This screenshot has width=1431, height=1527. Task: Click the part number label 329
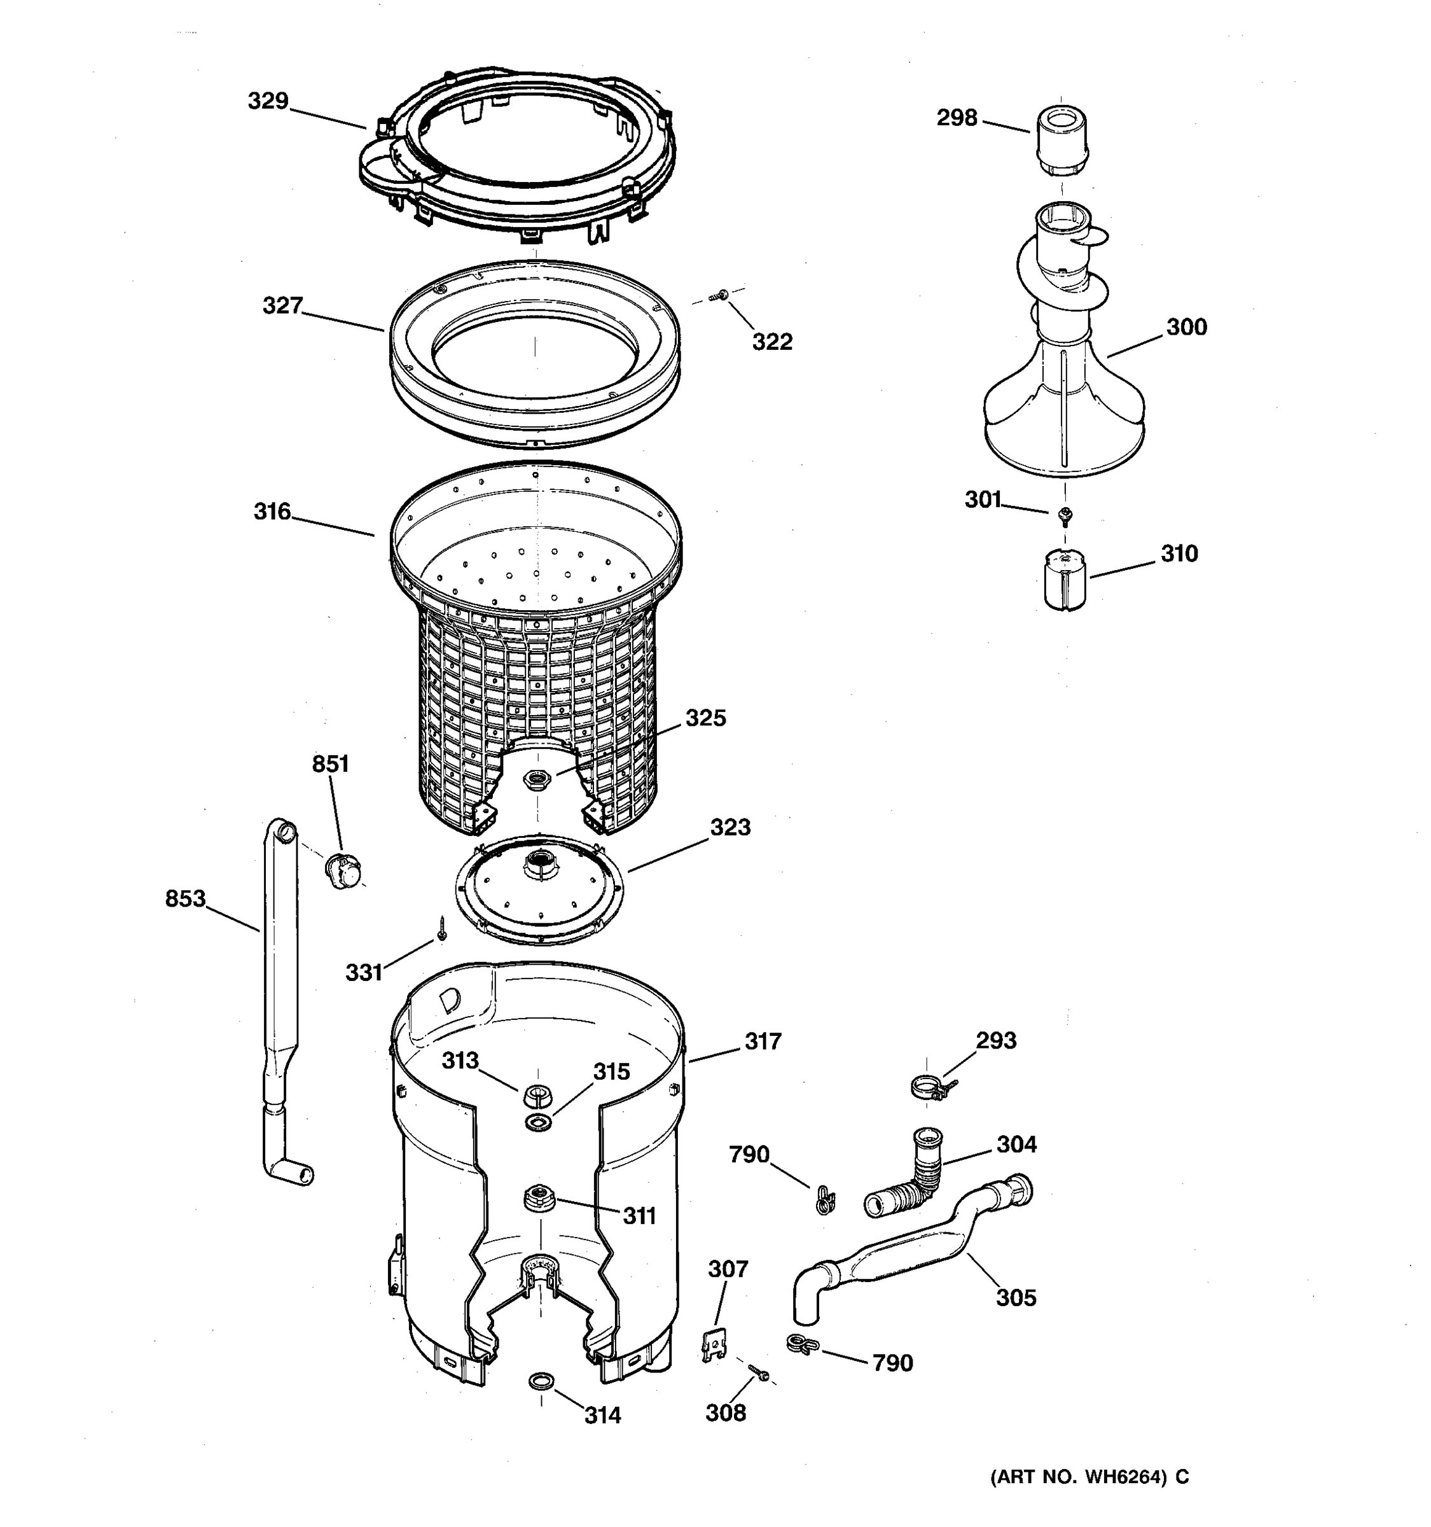(x=267, y=101)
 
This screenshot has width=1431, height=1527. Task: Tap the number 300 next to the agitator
(x=1186, y=327)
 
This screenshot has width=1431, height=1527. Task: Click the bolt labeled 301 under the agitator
(x=1065, y=515)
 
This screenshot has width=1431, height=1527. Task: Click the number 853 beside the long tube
(x=185, y=898)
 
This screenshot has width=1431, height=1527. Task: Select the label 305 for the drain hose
(x=1016, y=1297)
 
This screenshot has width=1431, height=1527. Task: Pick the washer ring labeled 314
(x=541, y=1381)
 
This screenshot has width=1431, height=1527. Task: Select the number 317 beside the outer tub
(x=763, y=1042)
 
